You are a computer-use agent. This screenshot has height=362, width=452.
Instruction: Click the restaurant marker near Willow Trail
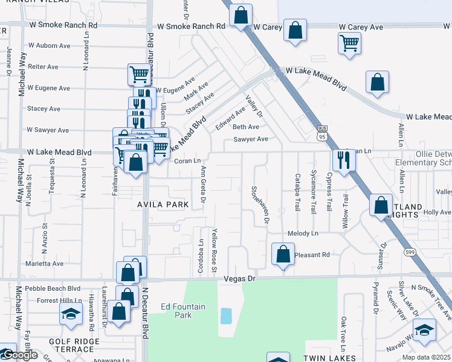tap(344, 160)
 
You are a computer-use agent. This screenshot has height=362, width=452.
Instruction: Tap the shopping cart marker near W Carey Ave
tap(349, 43)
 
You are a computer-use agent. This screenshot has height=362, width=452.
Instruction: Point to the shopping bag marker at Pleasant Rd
tap(283, 255)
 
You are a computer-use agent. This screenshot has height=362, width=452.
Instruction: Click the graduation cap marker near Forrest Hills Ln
tap(71, 314)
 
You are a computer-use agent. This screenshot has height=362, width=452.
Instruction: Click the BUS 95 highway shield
tap(323, 132)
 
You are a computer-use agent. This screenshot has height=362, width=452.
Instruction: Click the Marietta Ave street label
tap(44, 264)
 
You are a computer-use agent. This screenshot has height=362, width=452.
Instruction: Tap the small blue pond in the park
tap(226, 316)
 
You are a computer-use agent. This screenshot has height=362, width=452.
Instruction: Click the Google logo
tap(20, 355)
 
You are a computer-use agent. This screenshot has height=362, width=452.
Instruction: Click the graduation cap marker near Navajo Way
tap(424, 330)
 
